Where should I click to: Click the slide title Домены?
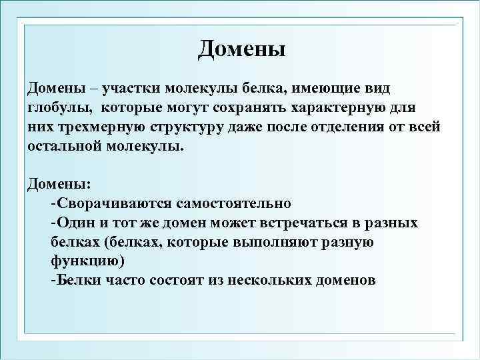coord(241,48)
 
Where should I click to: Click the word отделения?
coord(347,127)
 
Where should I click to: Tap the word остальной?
coord(63,146)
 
